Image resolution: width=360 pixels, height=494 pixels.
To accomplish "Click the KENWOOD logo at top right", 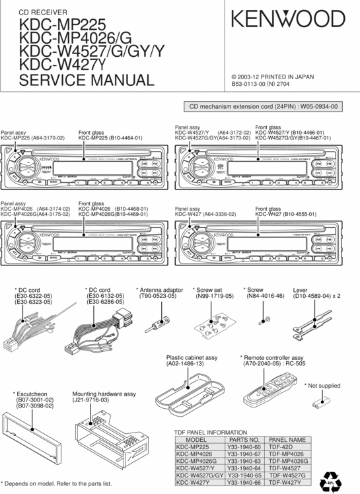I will coord(287,20).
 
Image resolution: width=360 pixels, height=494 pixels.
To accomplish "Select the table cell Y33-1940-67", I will coord(243,454).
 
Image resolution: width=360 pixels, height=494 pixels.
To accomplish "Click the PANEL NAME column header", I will coord(287,439).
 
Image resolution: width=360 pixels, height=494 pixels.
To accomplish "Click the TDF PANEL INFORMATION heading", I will coord(210,432).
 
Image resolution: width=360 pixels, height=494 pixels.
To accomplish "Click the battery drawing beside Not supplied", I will coord(324,400).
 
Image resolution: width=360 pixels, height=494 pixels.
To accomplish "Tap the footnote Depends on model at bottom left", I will coord(56,483).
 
